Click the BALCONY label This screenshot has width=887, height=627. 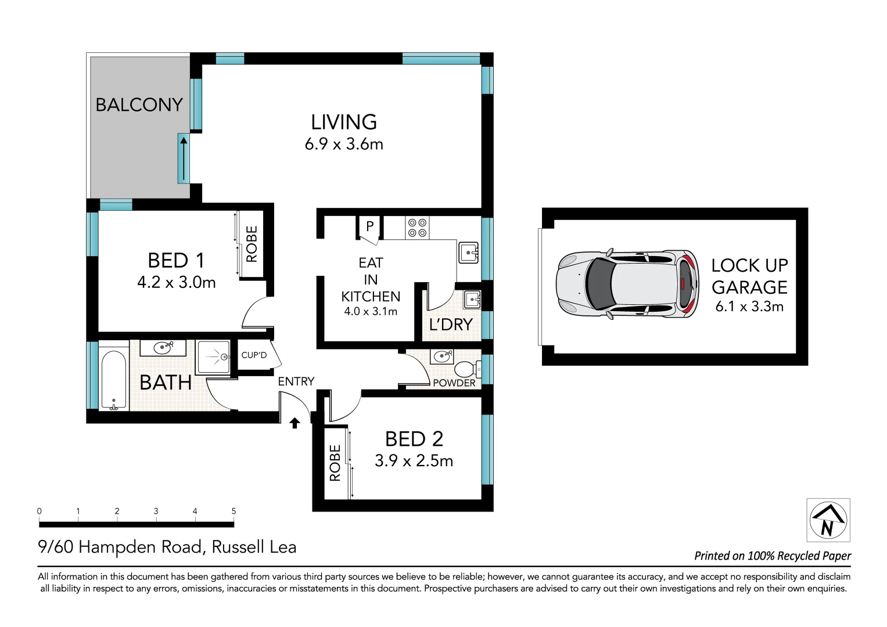139,105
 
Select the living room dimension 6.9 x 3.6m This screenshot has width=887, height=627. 344,144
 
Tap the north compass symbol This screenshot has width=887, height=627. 828,520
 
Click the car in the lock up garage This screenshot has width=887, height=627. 627,284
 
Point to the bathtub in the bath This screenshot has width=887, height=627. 114,379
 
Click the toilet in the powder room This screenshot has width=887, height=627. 466,369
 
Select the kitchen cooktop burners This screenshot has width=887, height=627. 417,228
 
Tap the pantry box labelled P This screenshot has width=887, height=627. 369,226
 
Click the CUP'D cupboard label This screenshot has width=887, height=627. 254,355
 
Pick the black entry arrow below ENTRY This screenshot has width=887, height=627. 295,423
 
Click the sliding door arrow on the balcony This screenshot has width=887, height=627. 184,158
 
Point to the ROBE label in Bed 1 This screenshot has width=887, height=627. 252,244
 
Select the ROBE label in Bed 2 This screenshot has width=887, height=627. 335,463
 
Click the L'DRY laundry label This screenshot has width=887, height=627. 451,325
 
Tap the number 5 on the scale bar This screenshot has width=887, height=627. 234,511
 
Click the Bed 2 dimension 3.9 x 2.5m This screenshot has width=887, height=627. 414,461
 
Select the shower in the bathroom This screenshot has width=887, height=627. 214,357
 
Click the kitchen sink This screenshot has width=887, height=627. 469,253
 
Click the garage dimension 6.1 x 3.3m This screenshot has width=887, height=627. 749,307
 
